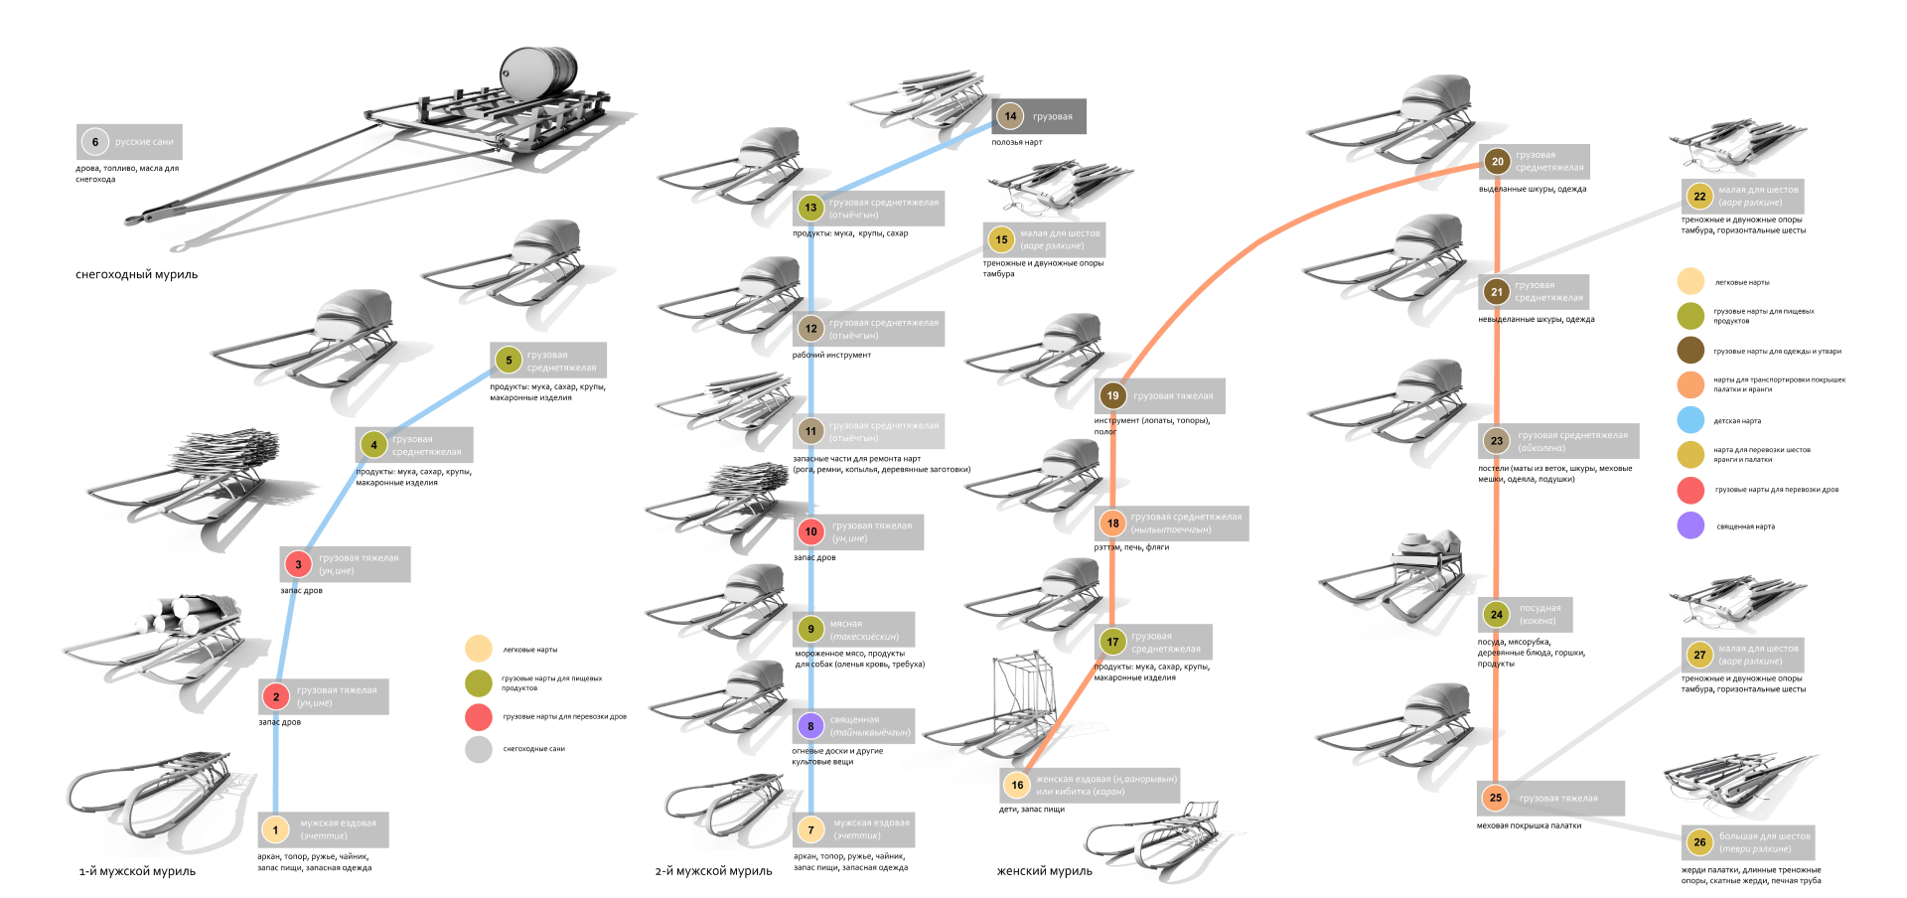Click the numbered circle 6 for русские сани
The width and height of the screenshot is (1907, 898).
click(x=95, y=142)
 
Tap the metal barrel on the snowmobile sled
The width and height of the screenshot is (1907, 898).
click(x=537, y=71)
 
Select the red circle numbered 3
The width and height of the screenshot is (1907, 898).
click(x=298, y=564)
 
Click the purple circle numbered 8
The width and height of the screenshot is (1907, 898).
click(x=810, y=726)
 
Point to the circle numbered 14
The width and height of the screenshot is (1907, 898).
click(x=1010, y=116)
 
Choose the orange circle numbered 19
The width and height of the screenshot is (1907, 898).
click(x=1112, y=395)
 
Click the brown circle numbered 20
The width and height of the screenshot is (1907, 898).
click(x=1497, y=161)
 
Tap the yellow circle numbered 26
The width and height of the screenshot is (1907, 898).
click(x=1699, y=842)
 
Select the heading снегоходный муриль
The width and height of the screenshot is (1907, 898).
click(x=136, y=274)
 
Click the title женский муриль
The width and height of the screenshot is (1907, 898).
click(x=1044, y=871)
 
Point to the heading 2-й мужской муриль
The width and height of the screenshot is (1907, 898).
click(x=713, y=871)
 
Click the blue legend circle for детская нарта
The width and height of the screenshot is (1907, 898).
click(x=1690, y=420)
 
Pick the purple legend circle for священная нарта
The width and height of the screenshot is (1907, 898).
click(x=1690, y=525)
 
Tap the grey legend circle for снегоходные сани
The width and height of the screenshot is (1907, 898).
click(x=479, y=749)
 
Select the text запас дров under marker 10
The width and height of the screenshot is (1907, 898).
click(x=814, y=557)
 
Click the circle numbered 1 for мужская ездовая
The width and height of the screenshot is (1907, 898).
click(x=275, y=829)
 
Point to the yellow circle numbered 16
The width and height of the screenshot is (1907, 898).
click(x=1017, y=785)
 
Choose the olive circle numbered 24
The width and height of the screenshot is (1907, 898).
click(x=1496, y=614)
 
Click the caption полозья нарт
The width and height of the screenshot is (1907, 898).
click(x=1016, y=142)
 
